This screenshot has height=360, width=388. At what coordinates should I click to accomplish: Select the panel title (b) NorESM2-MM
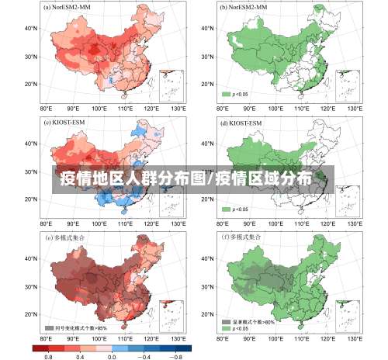(x=245, y=7)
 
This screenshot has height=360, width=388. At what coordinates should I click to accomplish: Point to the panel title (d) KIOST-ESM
(x=242, y=122)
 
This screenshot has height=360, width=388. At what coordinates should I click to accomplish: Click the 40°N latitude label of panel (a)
(x=32, y=28)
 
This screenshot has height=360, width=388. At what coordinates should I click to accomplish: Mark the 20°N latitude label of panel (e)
(x=32, y=314)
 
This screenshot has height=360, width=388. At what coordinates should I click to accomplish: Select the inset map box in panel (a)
(x=170, y=85)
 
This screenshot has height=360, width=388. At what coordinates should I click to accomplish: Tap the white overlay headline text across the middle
(x=186, y=179)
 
